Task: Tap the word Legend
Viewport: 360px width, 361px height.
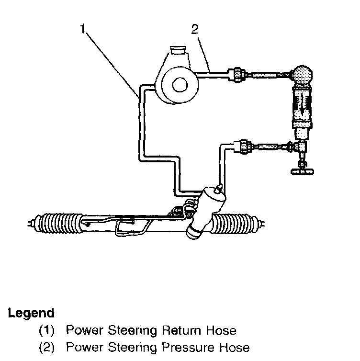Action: click(31, 314)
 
